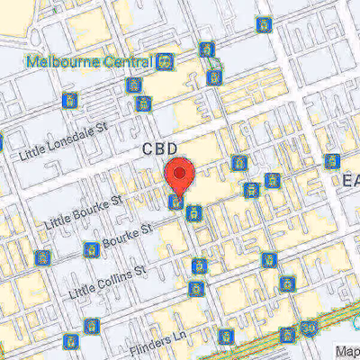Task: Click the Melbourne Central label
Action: pos(90,63)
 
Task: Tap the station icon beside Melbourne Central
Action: pos(166,63)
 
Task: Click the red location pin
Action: pos(180,176)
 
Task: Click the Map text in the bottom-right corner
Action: pos(346,352)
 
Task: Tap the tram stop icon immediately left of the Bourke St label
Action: pos(90,249)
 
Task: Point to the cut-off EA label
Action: pos(350,181)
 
